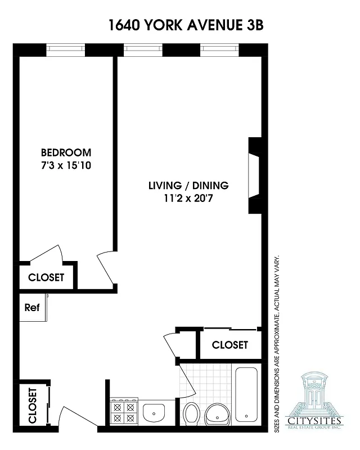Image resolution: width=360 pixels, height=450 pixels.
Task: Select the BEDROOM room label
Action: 66,152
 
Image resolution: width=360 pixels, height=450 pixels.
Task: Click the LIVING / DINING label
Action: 188,185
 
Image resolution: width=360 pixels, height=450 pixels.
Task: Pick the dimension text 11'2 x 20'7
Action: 188,197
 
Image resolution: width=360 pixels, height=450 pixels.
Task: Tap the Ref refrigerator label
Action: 31,308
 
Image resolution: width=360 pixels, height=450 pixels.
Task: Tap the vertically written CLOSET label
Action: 32,406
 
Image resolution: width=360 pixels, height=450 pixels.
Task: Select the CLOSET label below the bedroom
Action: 46,277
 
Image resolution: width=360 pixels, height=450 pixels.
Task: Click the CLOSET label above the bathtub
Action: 229,345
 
